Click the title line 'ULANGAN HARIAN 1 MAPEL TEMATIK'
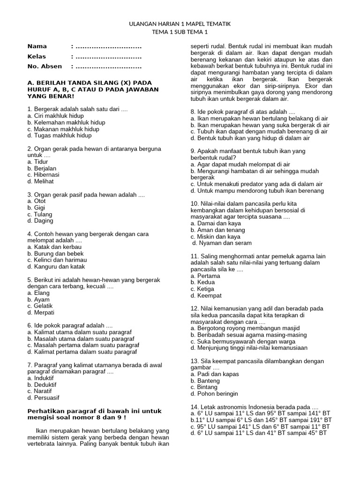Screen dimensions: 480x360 pos(180,23)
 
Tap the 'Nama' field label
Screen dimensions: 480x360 pos(37,46)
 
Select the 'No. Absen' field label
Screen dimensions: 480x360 pos(45,66)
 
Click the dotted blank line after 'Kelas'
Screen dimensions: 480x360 pos(108,56)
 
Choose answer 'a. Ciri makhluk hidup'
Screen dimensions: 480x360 pos(56,116)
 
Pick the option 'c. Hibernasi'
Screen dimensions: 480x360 pos(43,174)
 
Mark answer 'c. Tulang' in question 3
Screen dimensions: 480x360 pos(40,214)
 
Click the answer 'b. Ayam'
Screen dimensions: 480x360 pos(38,299)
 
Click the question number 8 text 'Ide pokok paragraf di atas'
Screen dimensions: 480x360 pos(243,112)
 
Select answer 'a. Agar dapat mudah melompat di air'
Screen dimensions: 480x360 pos(240,165)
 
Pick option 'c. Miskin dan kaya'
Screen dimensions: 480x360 pos(215,237)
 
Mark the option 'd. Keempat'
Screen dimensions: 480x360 pos(206,296)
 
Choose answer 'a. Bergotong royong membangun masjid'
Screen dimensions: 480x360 pos(245,328)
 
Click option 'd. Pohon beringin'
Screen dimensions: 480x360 pos(214,394)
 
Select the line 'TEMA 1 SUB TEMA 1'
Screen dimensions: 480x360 pos(180,32)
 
